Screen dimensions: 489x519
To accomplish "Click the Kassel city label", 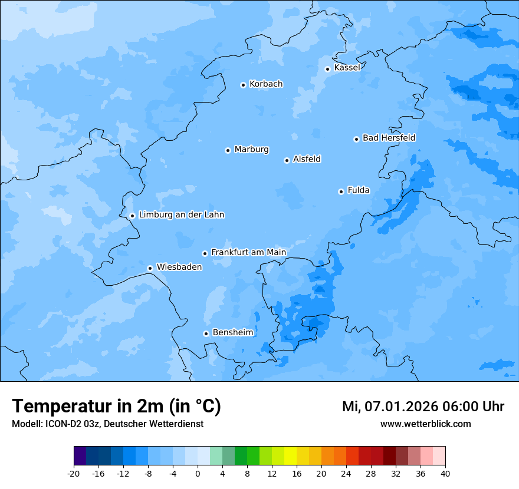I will click(347, 68).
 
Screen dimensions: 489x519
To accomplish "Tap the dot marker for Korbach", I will click(243, 85).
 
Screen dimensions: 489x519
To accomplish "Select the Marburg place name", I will click(251, 150).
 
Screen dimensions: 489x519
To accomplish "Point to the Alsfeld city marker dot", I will click(287, 160).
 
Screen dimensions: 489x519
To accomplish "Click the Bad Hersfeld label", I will click(389, 138).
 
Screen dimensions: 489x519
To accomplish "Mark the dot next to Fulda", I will click(341, 191).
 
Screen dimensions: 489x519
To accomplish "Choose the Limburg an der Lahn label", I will click(181, 215).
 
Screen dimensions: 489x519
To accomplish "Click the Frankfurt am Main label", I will click(248, 252).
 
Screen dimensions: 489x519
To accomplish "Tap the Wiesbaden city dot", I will click(150, 268).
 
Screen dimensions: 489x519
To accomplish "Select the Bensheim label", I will click(232, 332).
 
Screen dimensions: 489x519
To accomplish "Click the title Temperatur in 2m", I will click(116, 407).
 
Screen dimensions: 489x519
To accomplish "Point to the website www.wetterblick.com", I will click(425, 424).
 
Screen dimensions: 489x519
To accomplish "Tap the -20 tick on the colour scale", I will click(74, 474).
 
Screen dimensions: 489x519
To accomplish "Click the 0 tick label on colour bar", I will click(198, 474).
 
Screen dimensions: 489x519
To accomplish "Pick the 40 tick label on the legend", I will click(445, 474).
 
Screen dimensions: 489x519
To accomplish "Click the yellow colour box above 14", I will click(290, 456).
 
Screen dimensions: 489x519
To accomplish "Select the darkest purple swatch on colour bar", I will click(80, 456).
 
